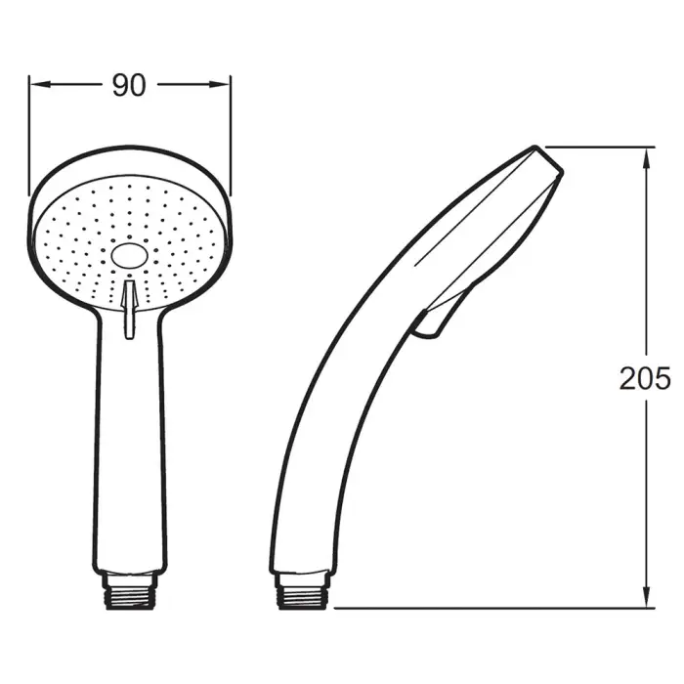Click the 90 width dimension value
click(129, 86)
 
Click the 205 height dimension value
click(645, 378)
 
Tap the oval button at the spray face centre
click(129, 256)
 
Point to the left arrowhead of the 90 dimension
click(35, 84)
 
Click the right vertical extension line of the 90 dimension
click(232, 137)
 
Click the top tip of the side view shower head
click(536, 149)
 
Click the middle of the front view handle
click(130, 440)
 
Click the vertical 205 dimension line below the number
click(646, 489)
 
